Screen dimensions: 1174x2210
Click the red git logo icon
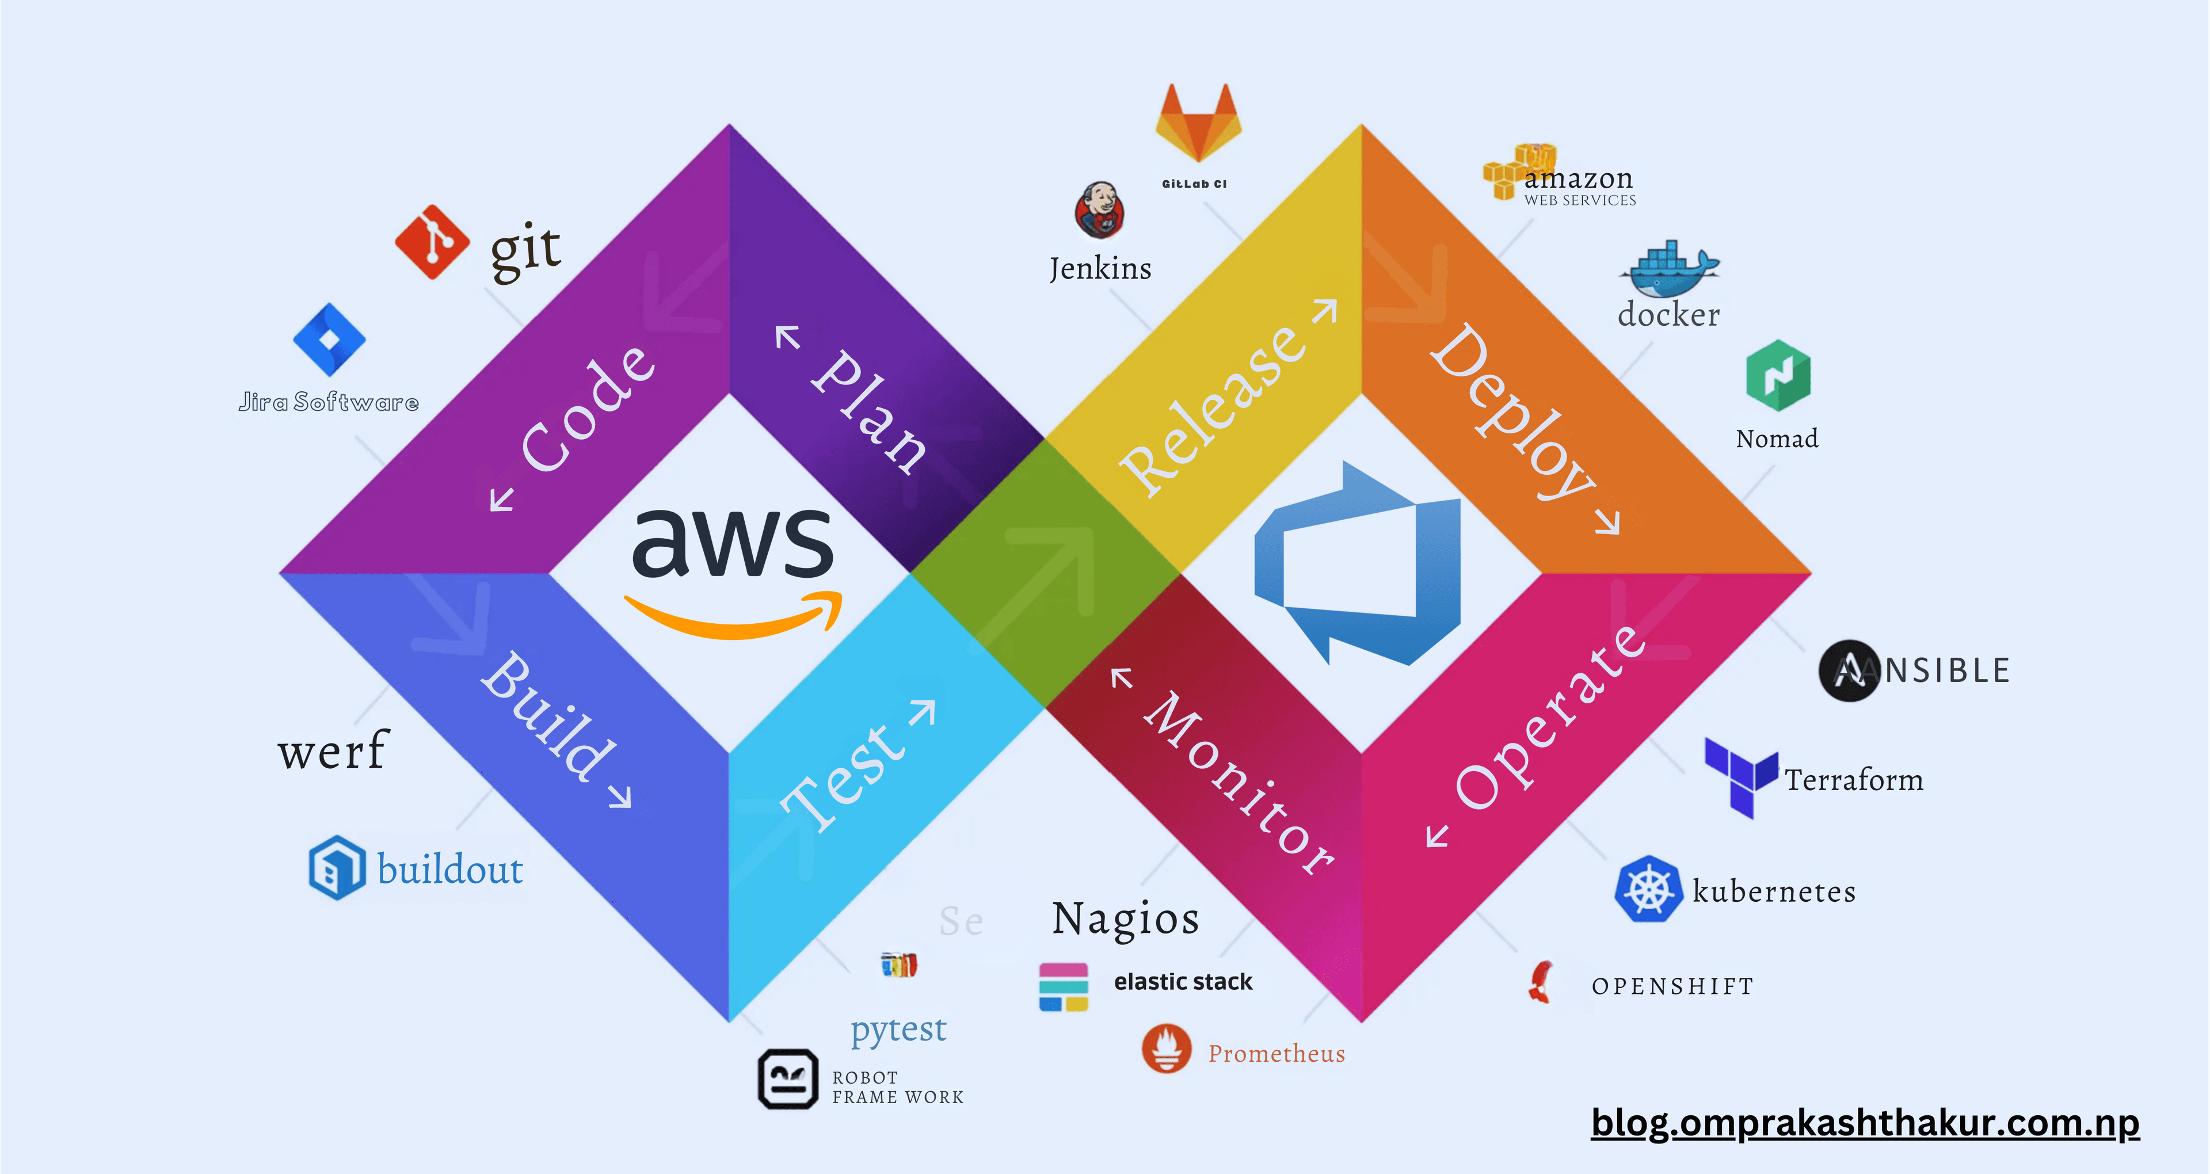click(x=432, y=242)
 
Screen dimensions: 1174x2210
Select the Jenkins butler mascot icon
click(x=1099, y=210)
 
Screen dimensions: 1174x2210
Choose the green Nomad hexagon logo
click(x=1778, y=375)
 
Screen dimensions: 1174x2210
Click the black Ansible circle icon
click(x=1849, y=670)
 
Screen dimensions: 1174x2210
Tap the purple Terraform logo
click(x=1739, y=776)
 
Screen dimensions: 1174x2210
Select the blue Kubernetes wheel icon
click(x=1647, y=889)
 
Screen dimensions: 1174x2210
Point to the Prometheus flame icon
click(x=1166, y=1048)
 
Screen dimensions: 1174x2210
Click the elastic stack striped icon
click(x=1063, y=987)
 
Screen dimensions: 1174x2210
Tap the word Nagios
click(x=1125, y=918)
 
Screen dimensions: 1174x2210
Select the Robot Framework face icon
click(x=787, y=1078)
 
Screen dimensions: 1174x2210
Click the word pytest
click(x=898, y=1029)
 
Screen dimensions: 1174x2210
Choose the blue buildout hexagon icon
click(x=337, y=868)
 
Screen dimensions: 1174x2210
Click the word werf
click(x=333, y=751)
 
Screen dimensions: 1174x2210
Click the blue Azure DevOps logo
click(x=1357, y=565)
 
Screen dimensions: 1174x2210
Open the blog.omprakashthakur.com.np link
click(x=1864, y=1123)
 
